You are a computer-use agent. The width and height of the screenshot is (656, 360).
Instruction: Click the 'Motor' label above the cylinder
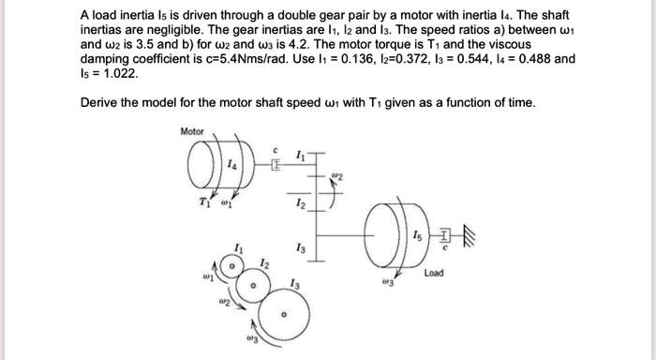pos(191,131)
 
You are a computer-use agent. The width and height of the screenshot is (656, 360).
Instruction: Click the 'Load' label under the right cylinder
pos(433,273)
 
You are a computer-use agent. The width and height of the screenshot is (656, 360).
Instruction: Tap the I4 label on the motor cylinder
pos(230,165)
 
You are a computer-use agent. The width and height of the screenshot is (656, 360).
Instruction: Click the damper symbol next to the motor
pos(276,165)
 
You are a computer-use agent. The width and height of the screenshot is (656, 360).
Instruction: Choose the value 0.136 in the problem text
pos(376,58)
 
